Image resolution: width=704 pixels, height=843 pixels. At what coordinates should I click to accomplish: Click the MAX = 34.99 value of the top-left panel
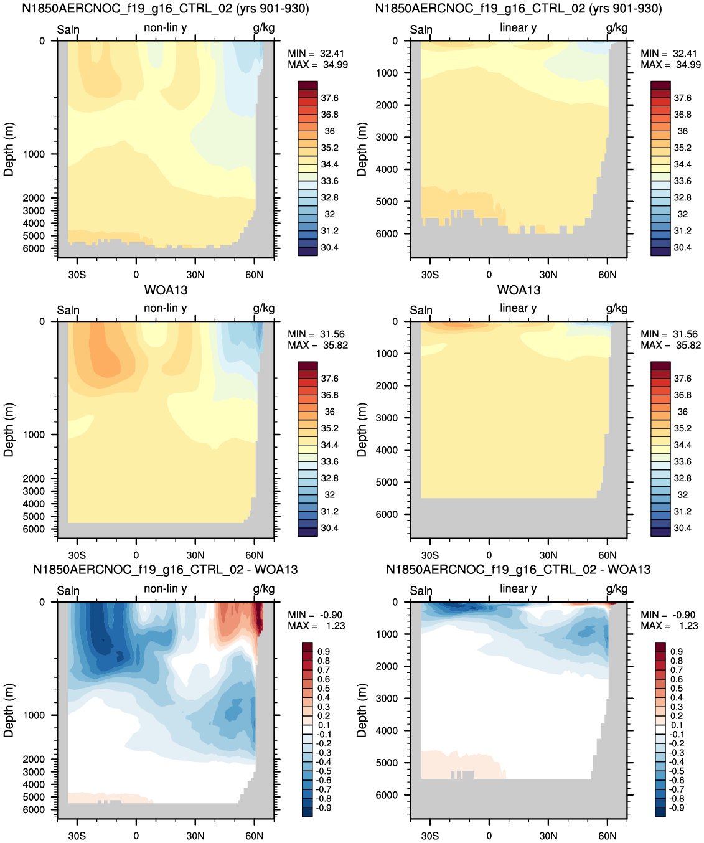click(x=317, y=65)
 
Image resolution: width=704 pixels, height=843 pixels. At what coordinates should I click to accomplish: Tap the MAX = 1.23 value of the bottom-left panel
click(x=316, y=626)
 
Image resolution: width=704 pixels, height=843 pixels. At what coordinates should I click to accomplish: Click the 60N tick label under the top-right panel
click(x=607, y=275)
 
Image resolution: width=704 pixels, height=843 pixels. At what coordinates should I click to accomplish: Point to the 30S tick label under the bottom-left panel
click(x=77, y=836)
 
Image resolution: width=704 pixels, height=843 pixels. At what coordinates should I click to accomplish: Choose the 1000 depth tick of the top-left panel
click(x=34, y=154)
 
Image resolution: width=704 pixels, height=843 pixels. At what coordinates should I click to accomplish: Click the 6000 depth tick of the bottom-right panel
click(x=387, y=794)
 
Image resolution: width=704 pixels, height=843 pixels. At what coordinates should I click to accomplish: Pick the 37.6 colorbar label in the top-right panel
click(x=683, y=98)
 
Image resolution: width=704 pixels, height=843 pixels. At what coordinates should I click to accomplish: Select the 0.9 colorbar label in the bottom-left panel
click(x=324, y=652)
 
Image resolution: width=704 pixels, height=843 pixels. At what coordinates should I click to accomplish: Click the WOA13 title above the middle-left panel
click(x=166, y=290)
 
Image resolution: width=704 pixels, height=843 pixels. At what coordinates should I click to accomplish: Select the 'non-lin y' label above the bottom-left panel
click(x=165, y=588)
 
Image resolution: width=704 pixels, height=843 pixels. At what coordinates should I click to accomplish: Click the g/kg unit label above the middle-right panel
click(x=617, y=308)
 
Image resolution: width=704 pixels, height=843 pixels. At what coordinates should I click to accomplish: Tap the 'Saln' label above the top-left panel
click(x=68, y=29)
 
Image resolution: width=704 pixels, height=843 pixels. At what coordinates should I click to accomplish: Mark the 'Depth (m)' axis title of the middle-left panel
click(x=9, y=430)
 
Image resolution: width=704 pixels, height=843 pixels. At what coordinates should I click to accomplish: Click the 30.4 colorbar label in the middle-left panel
click(x=330, y=528)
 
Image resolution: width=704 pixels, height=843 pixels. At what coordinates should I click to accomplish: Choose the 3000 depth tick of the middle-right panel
click(x=387, y=418)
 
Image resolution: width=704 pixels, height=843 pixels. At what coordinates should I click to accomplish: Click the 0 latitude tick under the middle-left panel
click(x=136, y=555)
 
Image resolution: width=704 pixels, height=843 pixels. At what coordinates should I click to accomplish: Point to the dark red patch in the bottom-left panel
click(x=258, y=617)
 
